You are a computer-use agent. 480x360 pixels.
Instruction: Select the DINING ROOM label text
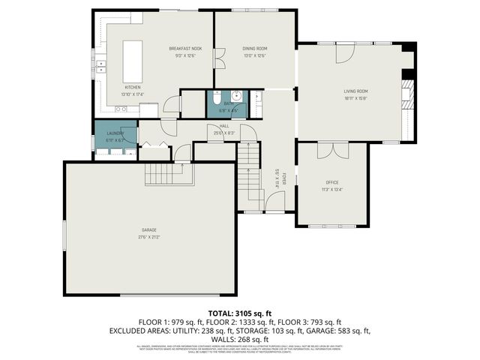(255, 48)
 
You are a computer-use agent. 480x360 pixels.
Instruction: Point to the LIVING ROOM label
(355, 91)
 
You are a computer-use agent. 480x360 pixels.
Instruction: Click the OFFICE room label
(331, 182)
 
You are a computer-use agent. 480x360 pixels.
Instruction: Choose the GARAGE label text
(149, 229)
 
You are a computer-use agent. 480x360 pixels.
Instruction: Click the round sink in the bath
(236, 96)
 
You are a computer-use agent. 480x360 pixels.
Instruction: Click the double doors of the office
(332, 151)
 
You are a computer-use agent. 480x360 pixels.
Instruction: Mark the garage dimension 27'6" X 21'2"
(149, 237)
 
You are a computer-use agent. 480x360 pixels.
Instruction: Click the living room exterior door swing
(344, 52)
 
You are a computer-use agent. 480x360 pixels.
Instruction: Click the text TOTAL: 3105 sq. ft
(239, 313)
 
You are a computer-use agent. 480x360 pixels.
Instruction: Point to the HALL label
(224, 127)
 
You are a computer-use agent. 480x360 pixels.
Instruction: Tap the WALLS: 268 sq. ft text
(239, 338)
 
